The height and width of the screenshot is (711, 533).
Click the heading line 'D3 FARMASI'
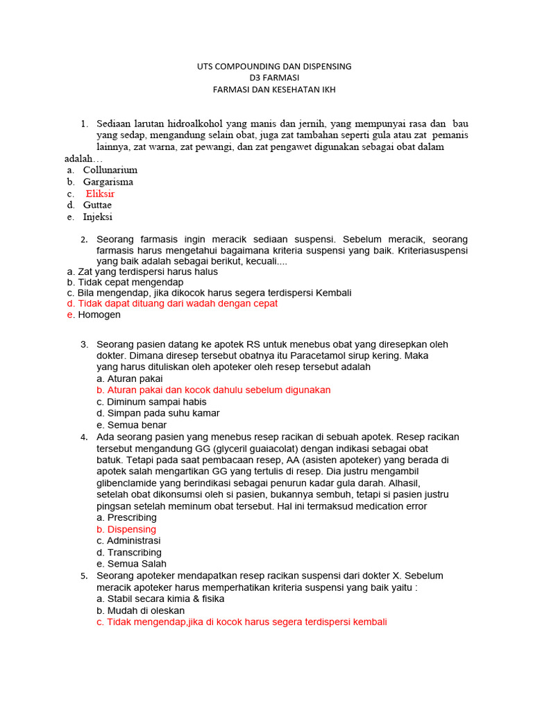(x=274, y=78)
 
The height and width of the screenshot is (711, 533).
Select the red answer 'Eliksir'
(x=100, y=194)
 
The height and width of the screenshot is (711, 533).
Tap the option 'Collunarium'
(x=110, y=169)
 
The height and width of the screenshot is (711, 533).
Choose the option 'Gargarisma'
(x=108, y=182)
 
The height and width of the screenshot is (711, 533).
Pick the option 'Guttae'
(x=97, y=206)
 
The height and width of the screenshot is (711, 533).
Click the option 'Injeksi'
(x=98, y=217)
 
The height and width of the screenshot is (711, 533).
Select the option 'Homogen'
(x=99, y=315)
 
